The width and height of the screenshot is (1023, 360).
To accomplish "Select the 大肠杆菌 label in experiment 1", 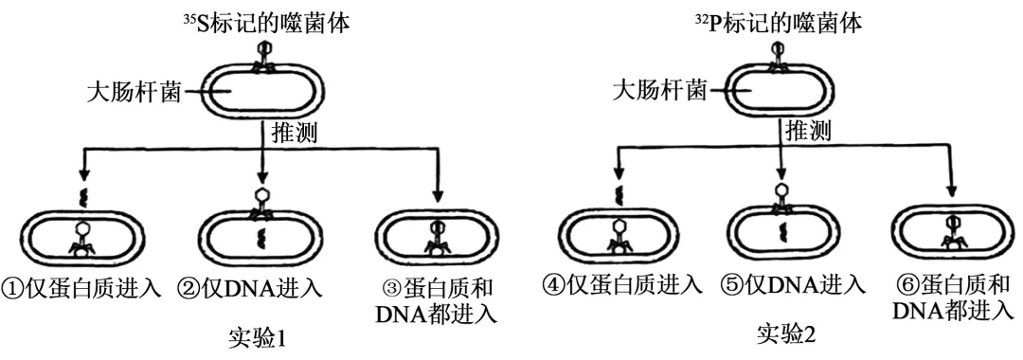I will tap(135, 93).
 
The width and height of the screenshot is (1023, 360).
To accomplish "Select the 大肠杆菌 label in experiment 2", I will tap(660, 91).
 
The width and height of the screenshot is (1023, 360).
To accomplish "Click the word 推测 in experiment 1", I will tap(295, 131).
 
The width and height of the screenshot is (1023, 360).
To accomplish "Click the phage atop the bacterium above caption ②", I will tap(260, 205).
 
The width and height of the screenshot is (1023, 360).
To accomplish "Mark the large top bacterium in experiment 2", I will tap(781, 92).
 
